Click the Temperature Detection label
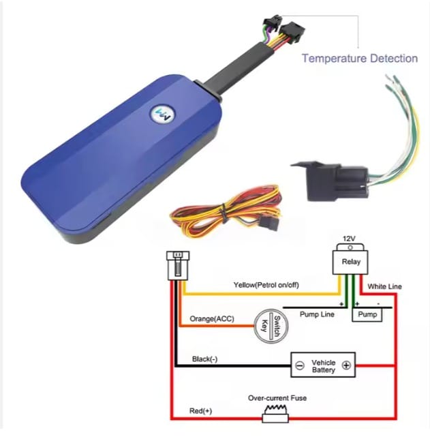360,59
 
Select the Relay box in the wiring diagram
348,262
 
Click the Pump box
367,315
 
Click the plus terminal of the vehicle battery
346,365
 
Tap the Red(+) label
200,411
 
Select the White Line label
384,287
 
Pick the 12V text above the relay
348,239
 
